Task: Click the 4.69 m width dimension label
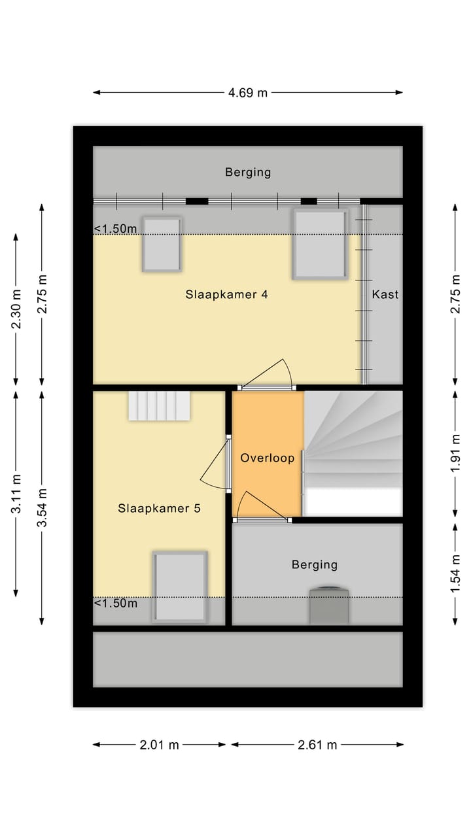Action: [248, 93]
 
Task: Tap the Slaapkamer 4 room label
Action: [226, 294]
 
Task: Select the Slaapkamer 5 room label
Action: [159, 508]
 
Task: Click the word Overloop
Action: [267, 458]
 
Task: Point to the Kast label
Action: [385, 294]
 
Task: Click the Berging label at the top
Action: [248, 173]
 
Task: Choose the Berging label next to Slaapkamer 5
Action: [315, 564]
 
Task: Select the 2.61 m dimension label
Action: [317, 745]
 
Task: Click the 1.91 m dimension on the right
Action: [456, 454]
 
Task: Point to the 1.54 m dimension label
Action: [456, 573]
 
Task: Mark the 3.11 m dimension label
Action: [16, 494]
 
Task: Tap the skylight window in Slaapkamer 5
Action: [180, 586]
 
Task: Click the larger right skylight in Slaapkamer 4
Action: [319, 244]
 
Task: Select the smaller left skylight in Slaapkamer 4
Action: [162, 244]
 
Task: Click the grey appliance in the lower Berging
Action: [329, 606]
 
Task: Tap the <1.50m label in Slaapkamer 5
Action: [116, 603]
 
